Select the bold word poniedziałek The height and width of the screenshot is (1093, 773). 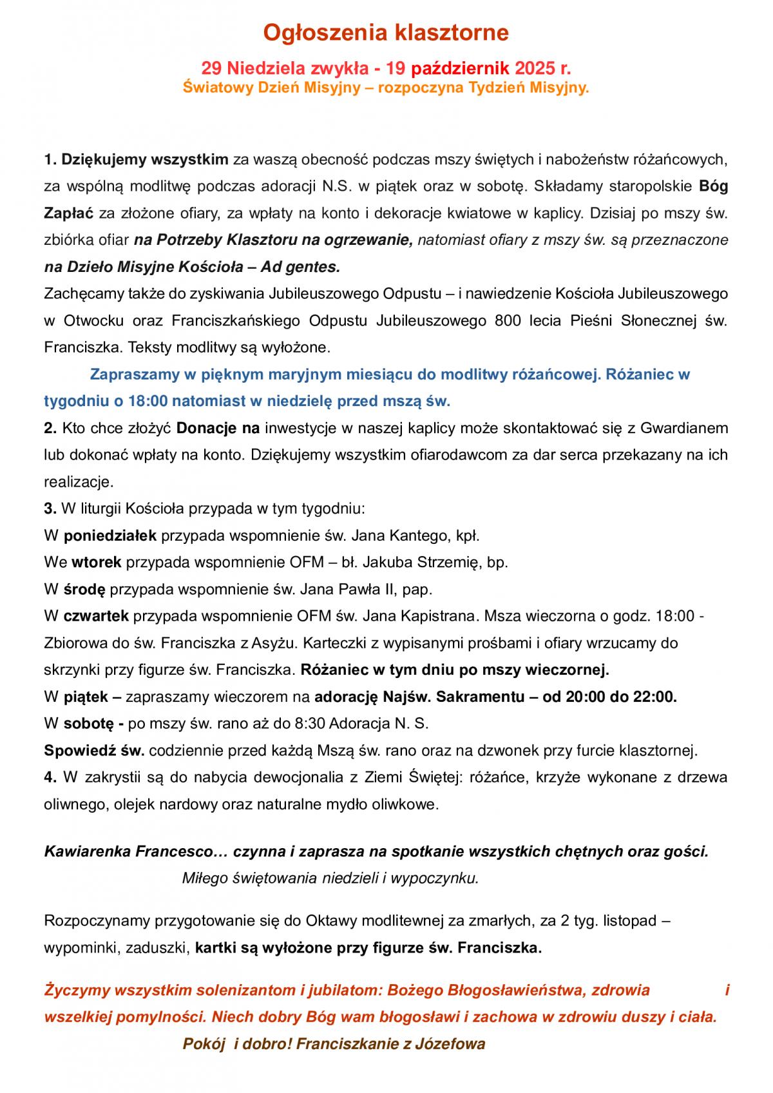click(x=110, y=535)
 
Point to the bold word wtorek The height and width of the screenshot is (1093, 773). click(x=97, y=562)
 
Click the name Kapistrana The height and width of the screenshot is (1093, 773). click(x=438, y=615)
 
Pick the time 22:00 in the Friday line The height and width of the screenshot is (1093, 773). click(x=655, y=697)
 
